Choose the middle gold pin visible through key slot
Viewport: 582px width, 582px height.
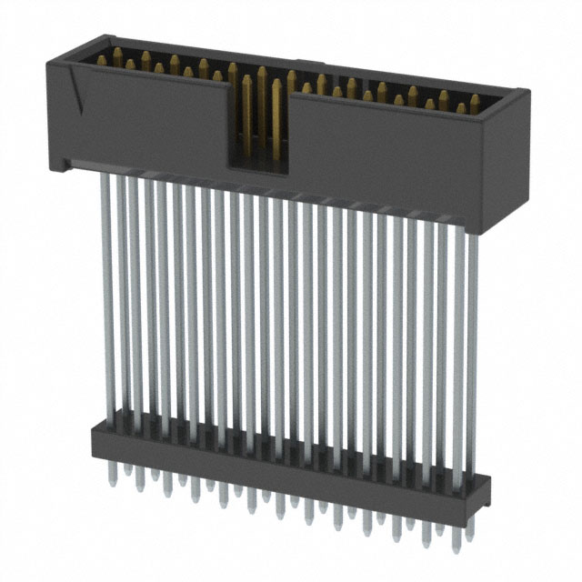pyautogui.click(x=261, y=100)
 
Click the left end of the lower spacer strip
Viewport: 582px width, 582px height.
pyautogui.click(x=95, y=441)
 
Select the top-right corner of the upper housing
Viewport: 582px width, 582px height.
pyautogui.click(x=524, y=91)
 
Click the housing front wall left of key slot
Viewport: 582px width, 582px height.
pyautogui.click(x=145, y=123)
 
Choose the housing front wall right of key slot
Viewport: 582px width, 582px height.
pyautogui.click(x=382, y=155)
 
